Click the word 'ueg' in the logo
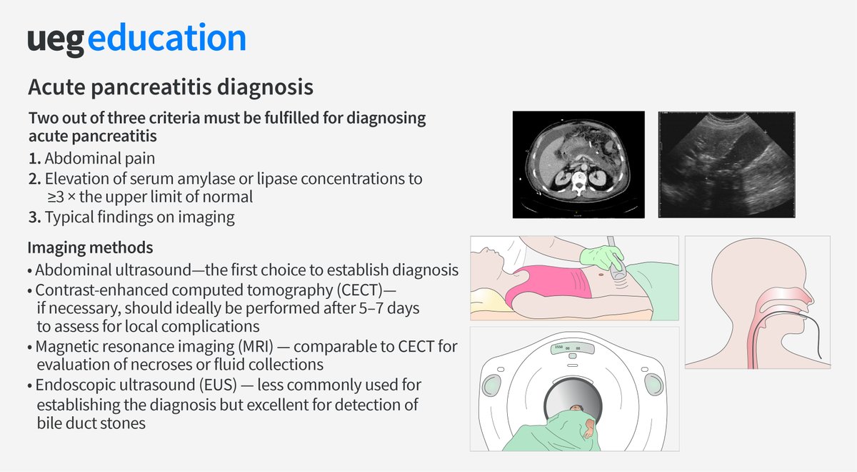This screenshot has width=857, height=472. coord(56,41)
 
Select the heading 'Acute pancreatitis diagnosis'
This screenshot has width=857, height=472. coord(170,88)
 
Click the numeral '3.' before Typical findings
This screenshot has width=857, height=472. coord(34,217)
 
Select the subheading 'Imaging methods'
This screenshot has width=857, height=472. coord(90,248)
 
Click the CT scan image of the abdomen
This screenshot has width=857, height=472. coord(578,164)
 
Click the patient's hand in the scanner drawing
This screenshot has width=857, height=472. coord(589,428)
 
